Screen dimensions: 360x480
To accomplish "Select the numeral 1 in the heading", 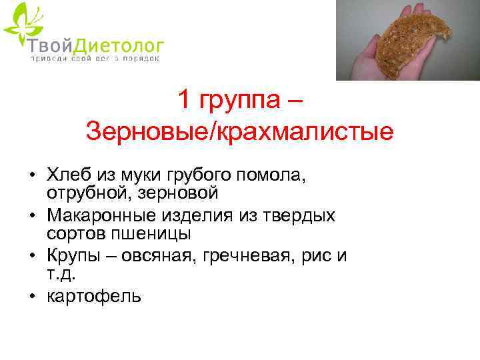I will [183, 101].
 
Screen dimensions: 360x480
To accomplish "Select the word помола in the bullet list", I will [270, 176].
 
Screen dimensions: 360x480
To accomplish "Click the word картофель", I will [94, 296].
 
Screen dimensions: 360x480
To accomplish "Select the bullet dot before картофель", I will [31, 296].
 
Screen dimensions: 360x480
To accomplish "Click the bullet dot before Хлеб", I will [31, 176].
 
